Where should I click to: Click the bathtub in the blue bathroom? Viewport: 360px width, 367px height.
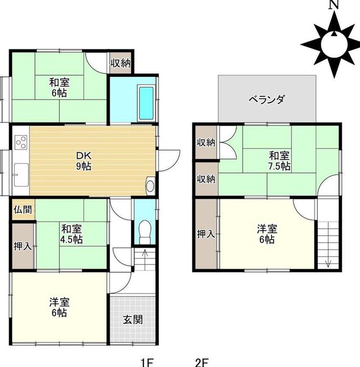[146, 103]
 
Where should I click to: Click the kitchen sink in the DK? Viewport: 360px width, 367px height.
[21, 175]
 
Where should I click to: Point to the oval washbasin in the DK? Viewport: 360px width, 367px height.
[150, 186]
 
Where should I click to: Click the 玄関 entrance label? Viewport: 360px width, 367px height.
[133, 320]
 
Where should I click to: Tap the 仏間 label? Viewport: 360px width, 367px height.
[22, 209]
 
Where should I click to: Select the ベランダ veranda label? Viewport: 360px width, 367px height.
[267, 99]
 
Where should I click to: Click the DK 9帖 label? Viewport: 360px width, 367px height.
[84, 161]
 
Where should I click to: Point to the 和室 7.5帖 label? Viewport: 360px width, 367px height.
[279, 161]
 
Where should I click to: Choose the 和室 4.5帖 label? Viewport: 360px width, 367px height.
[71, 234]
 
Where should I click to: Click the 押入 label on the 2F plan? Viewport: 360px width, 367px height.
[206, 234]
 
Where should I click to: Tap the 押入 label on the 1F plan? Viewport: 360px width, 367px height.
[23, 246]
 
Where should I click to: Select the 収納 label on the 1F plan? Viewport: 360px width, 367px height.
[121, 63]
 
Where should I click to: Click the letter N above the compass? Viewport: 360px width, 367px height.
[334, 5]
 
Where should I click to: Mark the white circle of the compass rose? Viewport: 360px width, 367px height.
[334, 44]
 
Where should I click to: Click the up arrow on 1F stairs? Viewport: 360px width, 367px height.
[145, 260]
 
